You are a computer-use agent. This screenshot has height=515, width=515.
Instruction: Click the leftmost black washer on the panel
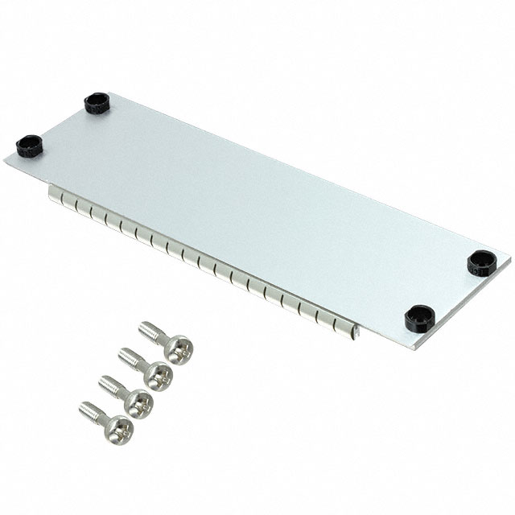28,146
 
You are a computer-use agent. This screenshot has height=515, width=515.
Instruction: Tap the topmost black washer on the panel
97,103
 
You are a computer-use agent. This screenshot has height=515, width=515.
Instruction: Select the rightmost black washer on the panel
481,262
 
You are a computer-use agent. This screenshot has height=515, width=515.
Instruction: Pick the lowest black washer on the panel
419,318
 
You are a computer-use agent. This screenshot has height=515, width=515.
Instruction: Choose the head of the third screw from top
138,400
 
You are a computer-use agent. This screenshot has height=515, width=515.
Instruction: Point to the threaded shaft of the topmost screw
152,331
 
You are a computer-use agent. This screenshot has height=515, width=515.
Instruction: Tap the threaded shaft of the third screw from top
111,384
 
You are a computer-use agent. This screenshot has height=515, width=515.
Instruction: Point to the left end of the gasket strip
51,194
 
